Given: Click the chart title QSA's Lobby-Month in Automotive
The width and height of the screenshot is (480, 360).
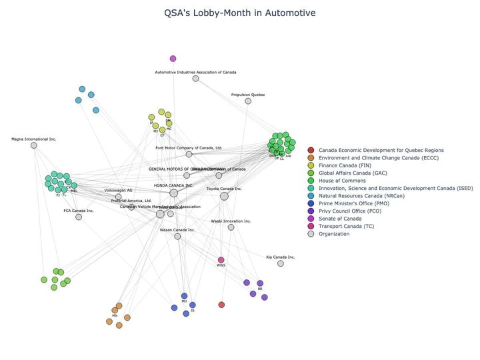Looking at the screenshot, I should [240, 13].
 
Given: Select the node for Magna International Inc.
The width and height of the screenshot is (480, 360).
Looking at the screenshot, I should [34, 145].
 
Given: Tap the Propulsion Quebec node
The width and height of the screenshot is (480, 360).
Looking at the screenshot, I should [248, 101].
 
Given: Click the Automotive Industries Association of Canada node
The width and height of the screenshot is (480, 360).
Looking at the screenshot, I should [195, 79].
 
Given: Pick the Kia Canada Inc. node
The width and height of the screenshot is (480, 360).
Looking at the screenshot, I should [281, 263].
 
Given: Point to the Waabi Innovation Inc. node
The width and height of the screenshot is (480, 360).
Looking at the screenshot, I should [231, 227].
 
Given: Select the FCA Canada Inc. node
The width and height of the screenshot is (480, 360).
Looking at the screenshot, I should [79, 217].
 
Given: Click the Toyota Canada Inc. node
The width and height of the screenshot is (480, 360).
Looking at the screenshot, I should [224, 196].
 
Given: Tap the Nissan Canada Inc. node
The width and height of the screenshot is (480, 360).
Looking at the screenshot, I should [177, 236].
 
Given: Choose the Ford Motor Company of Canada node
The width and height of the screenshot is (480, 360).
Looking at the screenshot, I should [189, 154].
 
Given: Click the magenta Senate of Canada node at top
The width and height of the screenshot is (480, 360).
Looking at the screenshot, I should [173, 59].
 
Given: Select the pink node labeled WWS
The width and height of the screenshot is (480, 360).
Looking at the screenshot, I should [221, 260].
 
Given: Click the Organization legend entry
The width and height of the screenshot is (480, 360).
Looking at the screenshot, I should [333, 234].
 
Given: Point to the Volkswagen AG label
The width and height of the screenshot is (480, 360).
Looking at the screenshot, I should [119, 191].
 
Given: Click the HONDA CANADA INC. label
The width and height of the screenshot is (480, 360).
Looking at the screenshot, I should [173, 185].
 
